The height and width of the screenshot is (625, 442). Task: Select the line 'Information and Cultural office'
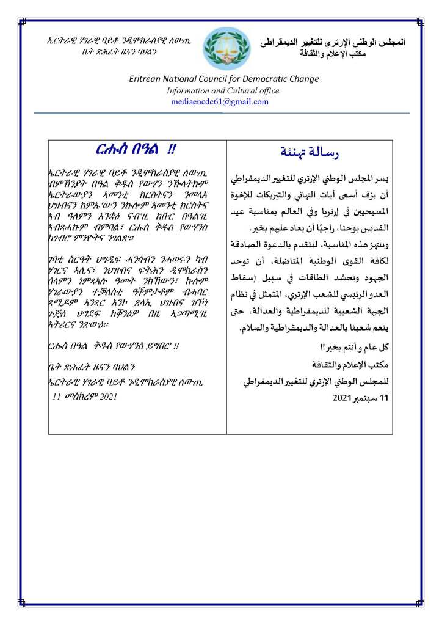tap(223, 90)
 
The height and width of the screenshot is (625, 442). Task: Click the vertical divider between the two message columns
tap(226, 287)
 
